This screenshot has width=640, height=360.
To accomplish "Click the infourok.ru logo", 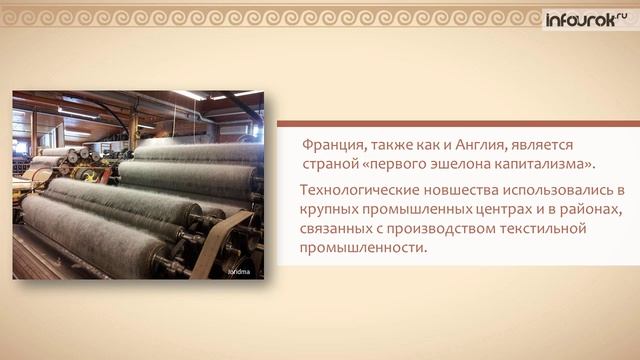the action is click(x=587, y=19).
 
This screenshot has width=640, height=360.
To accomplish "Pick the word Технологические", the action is click(x=360, y=190).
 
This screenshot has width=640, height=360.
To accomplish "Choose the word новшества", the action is click(x=461, y=190).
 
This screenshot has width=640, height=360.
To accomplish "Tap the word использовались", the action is click(x=558, y=190).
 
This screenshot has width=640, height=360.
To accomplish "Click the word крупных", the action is click(x=329, y=210).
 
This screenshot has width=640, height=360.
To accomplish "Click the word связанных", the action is click(x=336, y=229).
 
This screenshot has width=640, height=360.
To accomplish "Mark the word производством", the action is click(x=441, y=229).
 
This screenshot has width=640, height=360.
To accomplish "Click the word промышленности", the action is click(x=362, y=248).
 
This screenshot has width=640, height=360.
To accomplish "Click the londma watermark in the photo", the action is click(x=239, y=272).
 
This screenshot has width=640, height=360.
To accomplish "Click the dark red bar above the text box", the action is click(x=458, y=124).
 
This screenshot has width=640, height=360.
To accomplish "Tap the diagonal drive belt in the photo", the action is click(x=221, y=245).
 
